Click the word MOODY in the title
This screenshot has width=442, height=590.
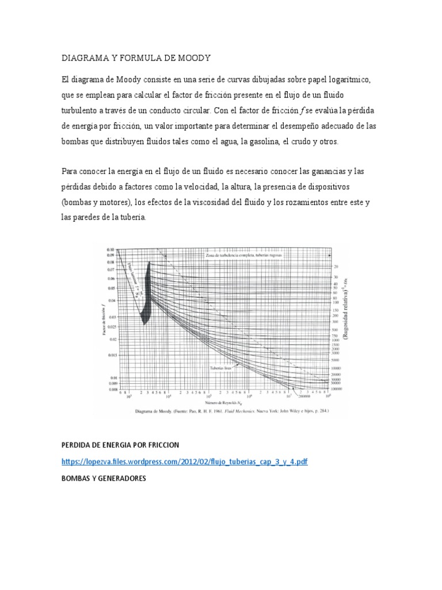tap(193, 58)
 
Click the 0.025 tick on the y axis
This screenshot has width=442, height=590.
tap(110, 327)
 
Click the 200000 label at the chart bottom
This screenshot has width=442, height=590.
tap(304, 397)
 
